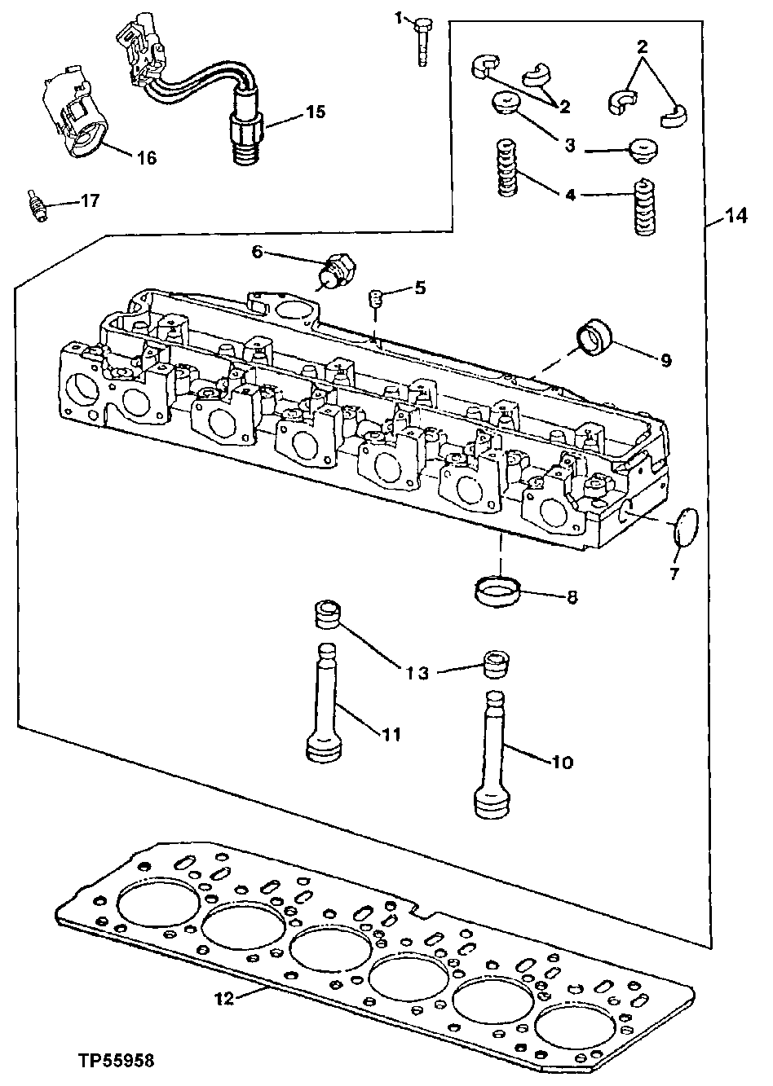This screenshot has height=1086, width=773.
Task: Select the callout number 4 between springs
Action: tap(571, 195)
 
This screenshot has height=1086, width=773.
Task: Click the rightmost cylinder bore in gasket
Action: tap(583, 1032)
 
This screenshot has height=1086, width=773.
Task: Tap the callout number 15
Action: tap(313, 113)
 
